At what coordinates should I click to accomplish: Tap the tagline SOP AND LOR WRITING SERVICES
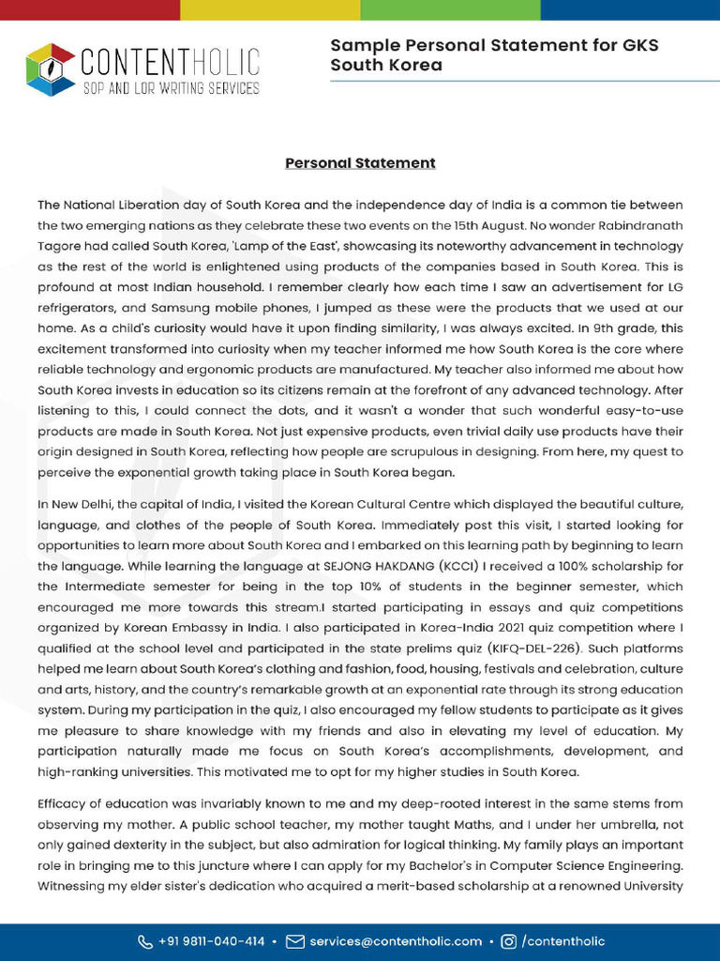click(x=171, y=88)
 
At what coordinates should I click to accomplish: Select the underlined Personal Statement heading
click(x=360, y=163)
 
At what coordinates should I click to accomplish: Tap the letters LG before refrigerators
click(x=673, y=286)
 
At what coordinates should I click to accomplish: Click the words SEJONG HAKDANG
click(x=372, y=566)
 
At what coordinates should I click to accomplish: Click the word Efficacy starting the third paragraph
click(x=65, y=804)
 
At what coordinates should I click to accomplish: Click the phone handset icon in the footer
click(x=145, y=941)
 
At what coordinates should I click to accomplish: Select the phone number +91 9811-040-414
click(x=212, y=941)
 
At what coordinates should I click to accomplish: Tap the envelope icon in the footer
click(x=295, y=941)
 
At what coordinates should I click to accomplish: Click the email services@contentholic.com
click(x=396, y=941)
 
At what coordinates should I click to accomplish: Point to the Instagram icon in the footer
click(x=509, y=941)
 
